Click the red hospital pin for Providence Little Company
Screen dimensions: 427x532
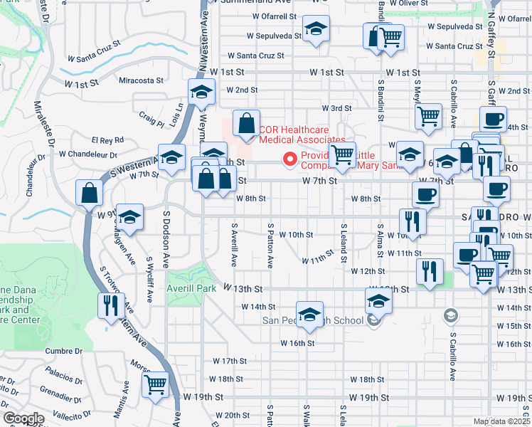point(289,159)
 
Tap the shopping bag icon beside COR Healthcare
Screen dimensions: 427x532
point(245,124)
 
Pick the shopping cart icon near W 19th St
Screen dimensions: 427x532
point(155,385)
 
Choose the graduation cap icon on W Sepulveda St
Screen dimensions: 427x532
point(316,30)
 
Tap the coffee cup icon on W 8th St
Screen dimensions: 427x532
point(426,194)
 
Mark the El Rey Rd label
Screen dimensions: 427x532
point(107,140)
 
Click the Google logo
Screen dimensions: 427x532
point(23,418)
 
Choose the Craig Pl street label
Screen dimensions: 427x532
point(151,117)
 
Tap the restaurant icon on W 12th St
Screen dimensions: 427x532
point(430,271)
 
